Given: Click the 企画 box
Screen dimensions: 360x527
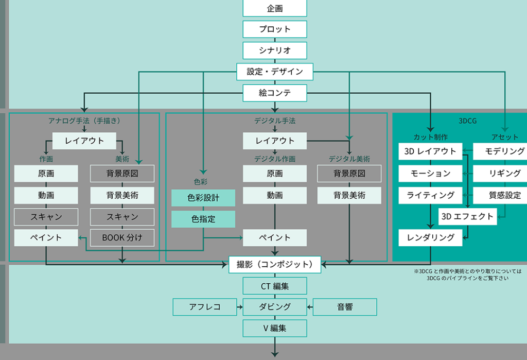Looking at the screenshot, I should (275, 8).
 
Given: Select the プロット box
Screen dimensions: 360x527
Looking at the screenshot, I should (275, 29).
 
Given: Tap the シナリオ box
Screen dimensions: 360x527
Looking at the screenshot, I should (275, 50).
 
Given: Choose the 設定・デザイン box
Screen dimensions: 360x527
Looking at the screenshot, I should (275, 72).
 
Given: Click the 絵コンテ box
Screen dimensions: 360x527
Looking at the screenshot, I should (275, 93).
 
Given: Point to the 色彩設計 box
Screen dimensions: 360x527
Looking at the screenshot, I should (203, 198).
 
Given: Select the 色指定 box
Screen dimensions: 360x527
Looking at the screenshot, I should (203, 219).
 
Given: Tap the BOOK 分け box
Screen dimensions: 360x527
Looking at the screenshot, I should (122, 237).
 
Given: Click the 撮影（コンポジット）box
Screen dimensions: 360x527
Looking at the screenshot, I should (275, 265).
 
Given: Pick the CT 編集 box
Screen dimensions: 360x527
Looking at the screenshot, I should (275, 286).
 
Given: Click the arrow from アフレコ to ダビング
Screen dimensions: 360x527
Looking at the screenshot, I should (240, 307).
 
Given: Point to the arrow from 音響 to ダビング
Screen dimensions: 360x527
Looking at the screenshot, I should (310, 307).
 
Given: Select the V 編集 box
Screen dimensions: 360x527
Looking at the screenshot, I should (275, 328).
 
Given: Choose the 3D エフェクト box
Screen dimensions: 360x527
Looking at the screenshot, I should (467, 216).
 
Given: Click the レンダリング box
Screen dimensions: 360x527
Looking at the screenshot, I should (431, 237).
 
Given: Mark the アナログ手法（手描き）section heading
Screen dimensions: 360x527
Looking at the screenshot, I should (84, 121).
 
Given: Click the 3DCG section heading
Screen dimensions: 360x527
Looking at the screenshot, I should (467, 121).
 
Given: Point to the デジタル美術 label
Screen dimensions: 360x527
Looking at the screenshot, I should (349, 159).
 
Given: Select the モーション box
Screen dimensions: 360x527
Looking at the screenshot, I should (431, 174).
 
